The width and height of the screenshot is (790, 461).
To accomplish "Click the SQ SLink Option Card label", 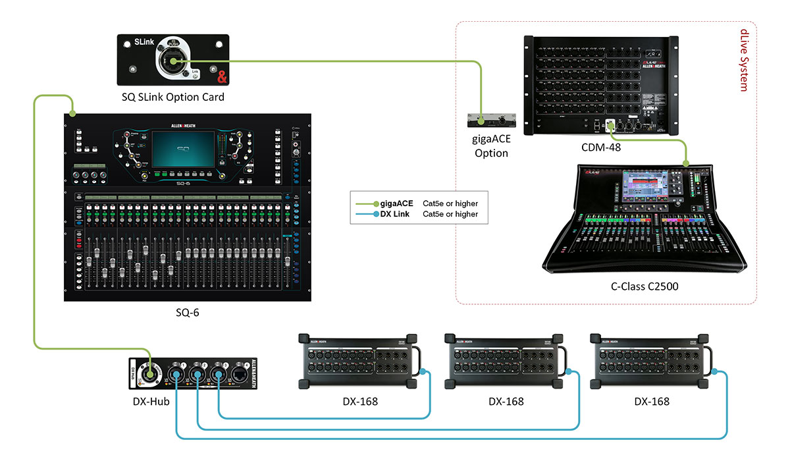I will (x=173, y=97).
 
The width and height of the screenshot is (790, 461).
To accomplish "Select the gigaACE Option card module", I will (x=491, y=121).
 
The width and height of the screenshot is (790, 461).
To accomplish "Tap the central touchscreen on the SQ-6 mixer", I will (x=184, y=148).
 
